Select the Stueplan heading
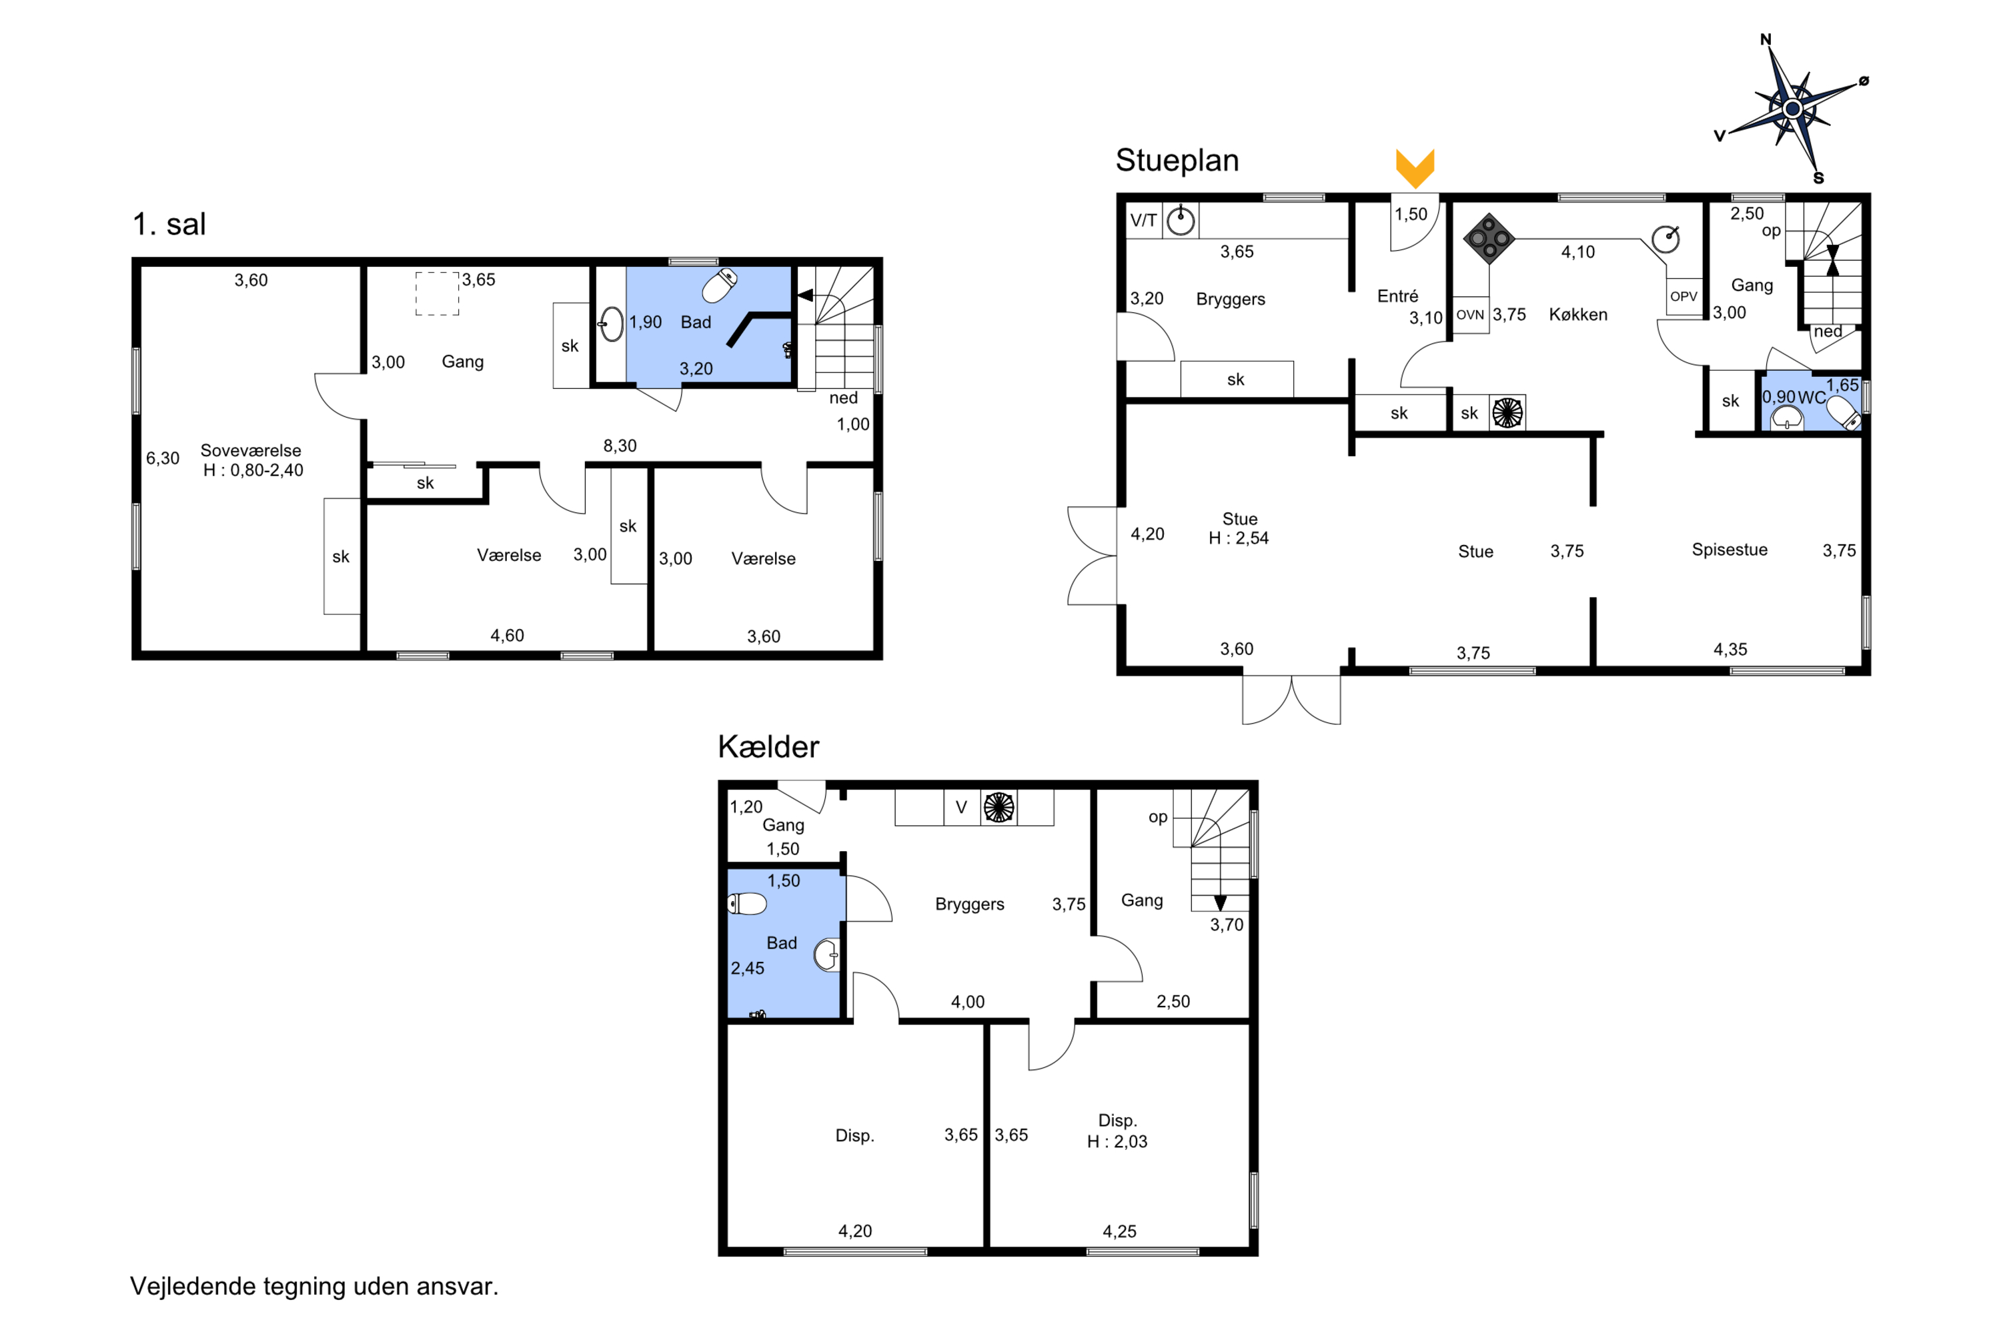pos(1177,160)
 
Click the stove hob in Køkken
pos(1489,238)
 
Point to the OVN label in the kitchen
pos(1470,315)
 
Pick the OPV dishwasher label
pos(1684,296)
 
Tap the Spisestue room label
pos(1730,550)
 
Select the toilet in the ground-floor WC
pos(1844,414)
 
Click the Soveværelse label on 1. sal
pos(251,450)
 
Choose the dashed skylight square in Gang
pos(438,293)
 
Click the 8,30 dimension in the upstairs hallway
pos(620,446)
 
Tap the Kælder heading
pos(768,746)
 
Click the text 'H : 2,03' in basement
pos(1117,1142)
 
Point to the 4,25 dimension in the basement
pos(1120,1231)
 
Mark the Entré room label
pos(1398,296)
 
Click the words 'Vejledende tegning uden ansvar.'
pos(314,1287)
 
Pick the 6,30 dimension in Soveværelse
pos(163,459)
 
